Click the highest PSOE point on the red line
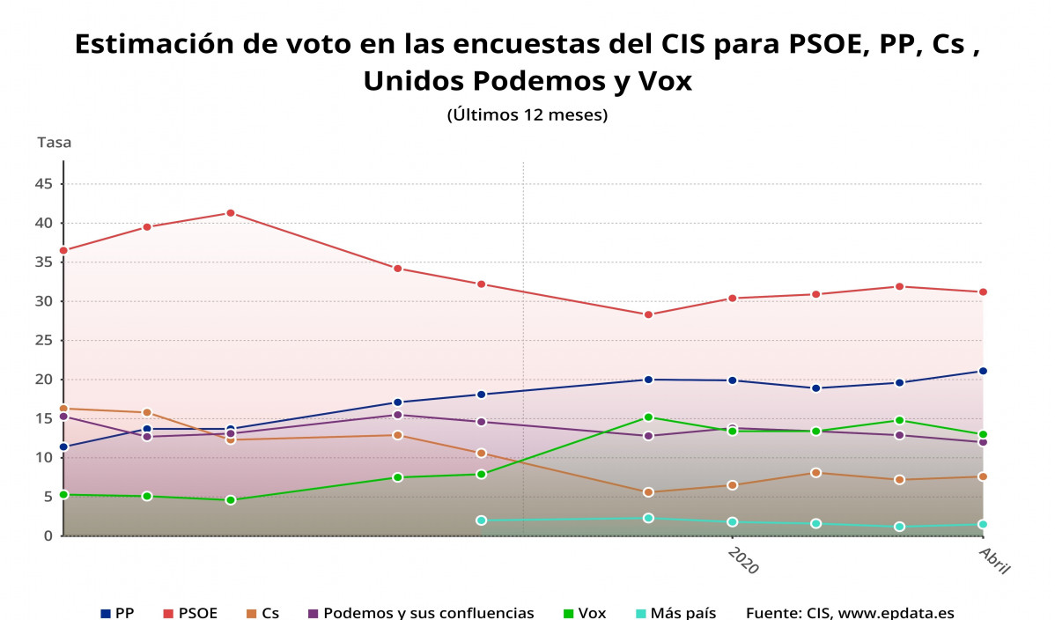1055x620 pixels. click(x=230, y=213)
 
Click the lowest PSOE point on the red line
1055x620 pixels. click(x=648, y=314)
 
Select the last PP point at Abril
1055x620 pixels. click(x=983, y=371)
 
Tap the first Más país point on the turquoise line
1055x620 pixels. click(x=481, y=520)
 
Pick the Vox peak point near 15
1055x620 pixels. click(x=648, y=417)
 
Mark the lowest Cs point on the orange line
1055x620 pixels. click(x=648, y=492)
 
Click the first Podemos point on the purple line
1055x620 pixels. click(x=63, y=417)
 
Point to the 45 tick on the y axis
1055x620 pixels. click(x=45, y=184)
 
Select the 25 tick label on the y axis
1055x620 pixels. click(x=45, y=340)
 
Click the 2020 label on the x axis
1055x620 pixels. click(x=742, y=560)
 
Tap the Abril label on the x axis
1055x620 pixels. click(x=994, y=560)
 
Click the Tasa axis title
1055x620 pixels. click(x=54, y=142)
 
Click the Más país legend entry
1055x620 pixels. click(x=675, y=613)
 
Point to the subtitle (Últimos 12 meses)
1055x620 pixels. click(x=527, y=114)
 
